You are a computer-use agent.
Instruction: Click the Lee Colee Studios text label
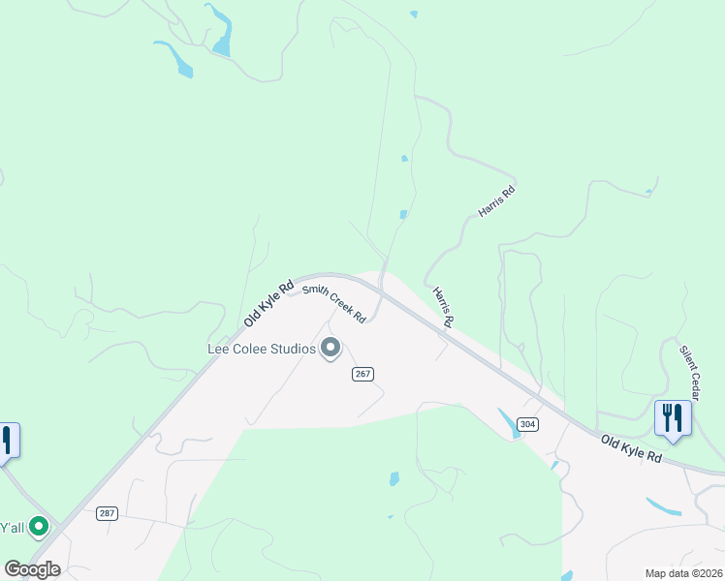pyautogui.click(x=262, y=349)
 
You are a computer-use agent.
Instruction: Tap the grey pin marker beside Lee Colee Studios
pyautogui.click(x=331, y=347)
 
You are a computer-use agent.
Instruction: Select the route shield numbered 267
pyautogui.click(x=363, y=374)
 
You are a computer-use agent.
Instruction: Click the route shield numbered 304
pyautogui.click(x=527, y=424)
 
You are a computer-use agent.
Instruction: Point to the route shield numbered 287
pyautogui.click(x=107, y=513)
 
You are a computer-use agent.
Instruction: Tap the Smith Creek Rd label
pyautogui.click(x=334, y=303)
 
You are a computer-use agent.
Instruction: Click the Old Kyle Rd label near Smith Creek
pyautogui.click(x=269, y=303)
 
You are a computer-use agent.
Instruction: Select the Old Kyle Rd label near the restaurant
pyautogui.click(x=631, y=449)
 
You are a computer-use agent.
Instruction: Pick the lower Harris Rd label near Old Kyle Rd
pyautogui.click(x=443, y=306)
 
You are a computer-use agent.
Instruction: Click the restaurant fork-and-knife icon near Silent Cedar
pyautogui.click(x=673, y=417)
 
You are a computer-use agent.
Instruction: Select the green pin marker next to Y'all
pyautogui.click(x=39, y=527)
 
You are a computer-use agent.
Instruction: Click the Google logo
pyautogui.click(x=32, y=569)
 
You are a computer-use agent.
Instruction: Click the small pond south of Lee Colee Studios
pyautogui.click(x=394, y=478)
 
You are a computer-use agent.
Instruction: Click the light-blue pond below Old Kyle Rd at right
pyautogui.click(x=664, y=505)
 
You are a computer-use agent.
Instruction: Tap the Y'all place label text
pyautogui.click(x=12, y=528)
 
